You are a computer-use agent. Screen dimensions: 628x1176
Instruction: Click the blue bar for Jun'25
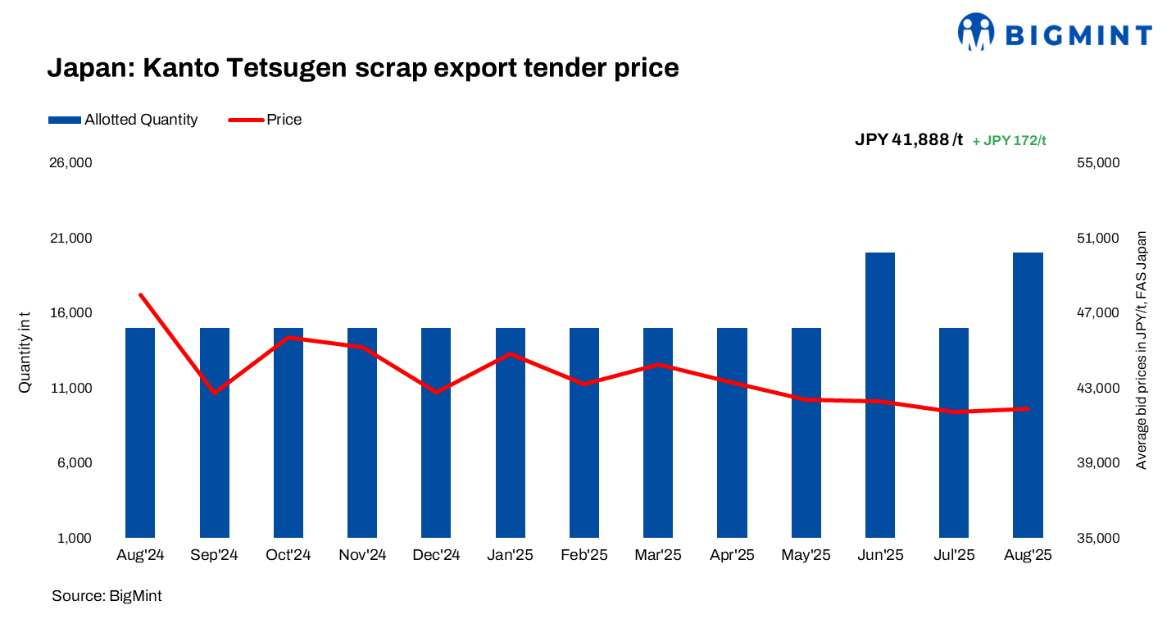[x=879, y=394]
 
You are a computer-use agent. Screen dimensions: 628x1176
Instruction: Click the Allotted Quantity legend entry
[x=123, y=120]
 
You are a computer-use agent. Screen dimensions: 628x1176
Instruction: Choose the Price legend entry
[x=265, y=120]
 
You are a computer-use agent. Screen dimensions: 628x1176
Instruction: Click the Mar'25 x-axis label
[x=658, y=555]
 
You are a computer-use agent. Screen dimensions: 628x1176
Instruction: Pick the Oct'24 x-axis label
[x=288, y=555]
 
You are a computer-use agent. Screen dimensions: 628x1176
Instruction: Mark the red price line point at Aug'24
[x=141, y=295]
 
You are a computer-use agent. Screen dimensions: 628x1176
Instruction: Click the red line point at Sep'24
[x=215, y=393]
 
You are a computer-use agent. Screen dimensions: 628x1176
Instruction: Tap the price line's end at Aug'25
[x=1028, y=408]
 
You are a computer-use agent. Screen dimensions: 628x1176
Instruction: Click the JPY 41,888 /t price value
[x=909, y=139]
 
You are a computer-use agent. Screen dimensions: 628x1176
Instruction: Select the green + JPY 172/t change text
[x=1009, y=140]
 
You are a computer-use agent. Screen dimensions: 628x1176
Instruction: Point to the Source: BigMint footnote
[x=107, y=596]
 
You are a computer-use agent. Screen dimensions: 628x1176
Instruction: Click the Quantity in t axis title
[x=25, y=352]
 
